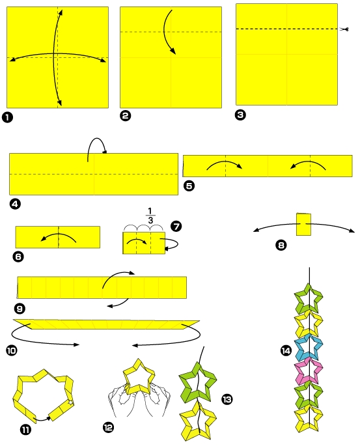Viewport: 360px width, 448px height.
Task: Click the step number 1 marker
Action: tap(7, 117)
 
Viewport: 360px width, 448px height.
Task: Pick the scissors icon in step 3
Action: tap(344, 29)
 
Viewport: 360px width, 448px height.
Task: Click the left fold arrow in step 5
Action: tap(225, 164)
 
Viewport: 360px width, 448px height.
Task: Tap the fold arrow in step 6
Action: tap(57, 236)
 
